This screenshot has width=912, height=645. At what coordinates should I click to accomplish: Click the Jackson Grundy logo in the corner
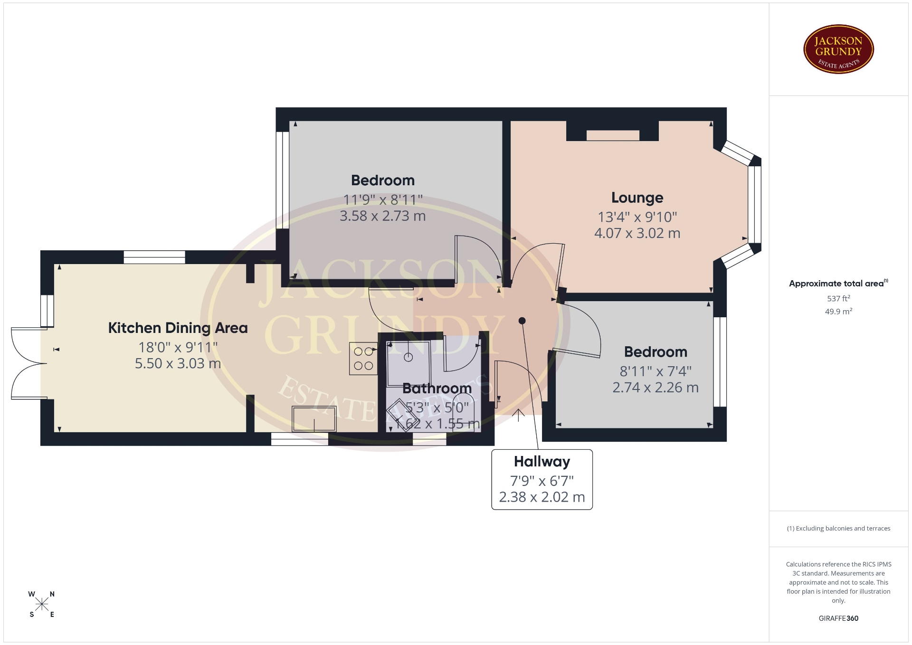click(x=838, y=49)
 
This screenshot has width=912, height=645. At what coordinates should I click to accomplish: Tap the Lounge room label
click(x=637, y=198)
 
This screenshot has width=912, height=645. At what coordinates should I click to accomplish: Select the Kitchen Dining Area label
click(x=178, y=328)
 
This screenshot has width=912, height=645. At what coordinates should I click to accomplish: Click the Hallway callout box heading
click(x=541, y=461)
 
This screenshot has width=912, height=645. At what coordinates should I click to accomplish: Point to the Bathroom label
click(x=437, y=388)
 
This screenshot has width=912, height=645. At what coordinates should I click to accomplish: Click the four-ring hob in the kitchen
click(x=363, y=359)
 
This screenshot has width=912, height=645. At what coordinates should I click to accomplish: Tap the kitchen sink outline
click(x=314, y=418)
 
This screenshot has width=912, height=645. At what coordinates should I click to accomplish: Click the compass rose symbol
click(x=42, y=604)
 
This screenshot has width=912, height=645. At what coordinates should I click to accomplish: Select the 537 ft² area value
click(x=838, y=298)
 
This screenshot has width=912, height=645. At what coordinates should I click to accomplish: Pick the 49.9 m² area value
click(x=838, y=312)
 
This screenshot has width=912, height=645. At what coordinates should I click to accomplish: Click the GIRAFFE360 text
click(x=838, y=618)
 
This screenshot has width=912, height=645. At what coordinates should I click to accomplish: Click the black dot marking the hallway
click(x=522, y=321)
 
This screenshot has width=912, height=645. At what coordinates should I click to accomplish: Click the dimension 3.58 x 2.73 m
click(x=382, y=216)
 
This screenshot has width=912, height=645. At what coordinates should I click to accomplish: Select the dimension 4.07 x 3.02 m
click(x=637, y=233)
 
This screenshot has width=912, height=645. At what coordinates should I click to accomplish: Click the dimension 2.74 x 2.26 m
click(x=655, y=388)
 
